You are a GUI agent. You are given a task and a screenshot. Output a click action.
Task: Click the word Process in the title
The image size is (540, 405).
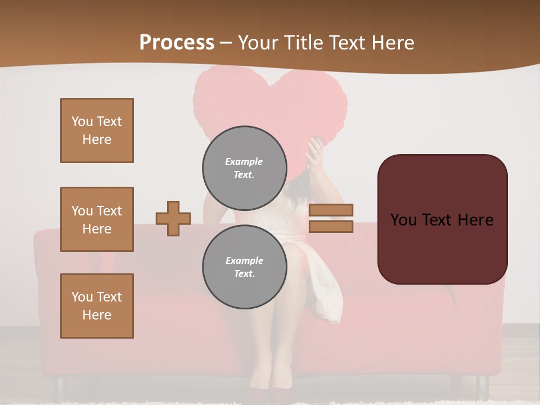pos(177,43)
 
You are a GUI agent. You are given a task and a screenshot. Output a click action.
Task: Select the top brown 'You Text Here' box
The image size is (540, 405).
pos(97,130)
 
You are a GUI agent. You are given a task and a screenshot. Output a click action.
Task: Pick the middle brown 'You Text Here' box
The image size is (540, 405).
pos(97,219)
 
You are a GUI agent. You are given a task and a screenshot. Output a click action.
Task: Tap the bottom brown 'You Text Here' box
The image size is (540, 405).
pos(97,306)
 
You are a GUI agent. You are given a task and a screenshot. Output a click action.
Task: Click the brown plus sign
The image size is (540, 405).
pos(173,218)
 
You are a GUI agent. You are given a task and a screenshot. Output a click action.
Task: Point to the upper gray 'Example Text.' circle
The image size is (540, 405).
pos(244,168)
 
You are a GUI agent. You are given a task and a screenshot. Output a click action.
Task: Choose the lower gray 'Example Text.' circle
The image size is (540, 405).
pos(244,267)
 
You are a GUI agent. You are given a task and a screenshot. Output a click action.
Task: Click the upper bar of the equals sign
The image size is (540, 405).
pos(331,210)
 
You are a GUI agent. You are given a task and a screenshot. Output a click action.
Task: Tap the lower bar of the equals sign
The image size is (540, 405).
pos(331,226)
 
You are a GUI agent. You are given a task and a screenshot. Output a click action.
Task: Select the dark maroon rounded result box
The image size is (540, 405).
pos(442,219)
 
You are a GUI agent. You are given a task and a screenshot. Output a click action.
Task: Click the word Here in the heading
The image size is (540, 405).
pos(392,43)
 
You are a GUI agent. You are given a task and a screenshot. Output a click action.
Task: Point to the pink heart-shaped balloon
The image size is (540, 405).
pos(270,101)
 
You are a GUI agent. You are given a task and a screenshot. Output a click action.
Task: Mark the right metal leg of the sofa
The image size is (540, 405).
pos(481,386)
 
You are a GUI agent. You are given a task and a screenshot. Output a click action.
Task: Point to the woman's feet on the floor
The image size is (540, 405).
pos(270,382)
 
